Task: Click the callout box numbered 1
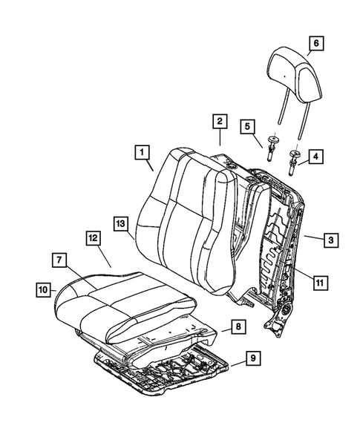pyautogui.click(x=140, y=154)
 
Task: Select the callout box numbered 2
pyautogui.click(x=219, y=121)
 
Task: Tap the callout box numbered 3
pyautogui.click(x=332, y=240)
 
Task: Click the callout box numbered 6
pyautogui.click(x=315, y=44)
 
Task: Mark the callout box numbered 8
pyautogui.click(x=235, y=326)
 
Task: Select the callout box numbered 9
pyautogui.click(x=252, y=360)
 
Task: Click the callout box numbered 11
pyautogui.click(x=318, y=282)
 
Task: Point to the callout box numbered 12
pyautogui.click(x=92, y=238)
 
